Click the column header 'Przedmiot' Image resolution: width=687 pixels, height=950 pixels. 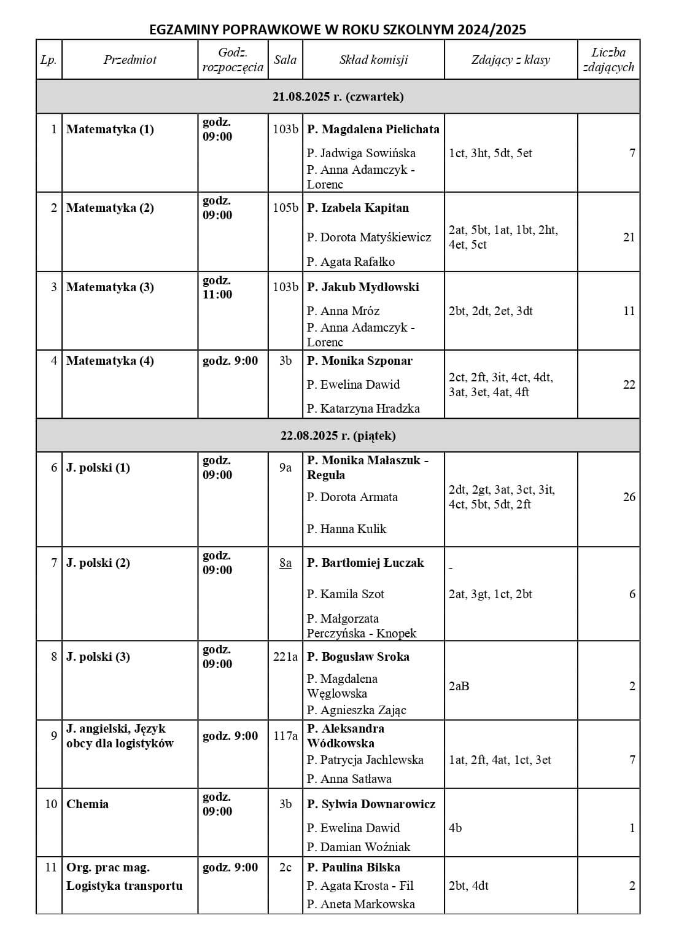(x=130, y=60)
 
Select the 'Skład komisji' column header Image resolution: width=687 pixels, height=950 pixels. (x=373, y=60)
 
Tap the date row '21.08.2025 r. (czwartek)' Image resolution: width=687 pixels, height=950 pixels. (x=338, y=96)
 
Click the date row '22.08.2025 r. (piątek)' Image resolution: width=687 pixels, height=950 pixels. (x=338, y=435)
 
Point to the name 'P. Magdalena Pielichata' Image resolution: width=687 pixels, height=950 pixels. (x=373, y=129)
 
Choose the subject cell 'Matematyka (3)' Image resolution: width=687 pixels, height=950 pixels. (x=110, y=287)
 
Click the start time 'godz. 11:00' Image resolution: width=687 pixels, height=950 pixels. (x=217, y=287)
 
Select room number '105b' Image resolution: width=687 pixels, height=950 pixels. (x=285, y=208)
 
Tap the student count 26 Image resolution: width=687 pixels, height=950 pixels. (x=629, y=497)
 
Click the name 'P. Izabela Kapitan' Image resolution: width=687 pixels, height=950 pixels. (x=358, y=208)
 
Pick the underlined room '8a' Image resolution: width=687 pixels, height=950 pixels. (x=285, y=563)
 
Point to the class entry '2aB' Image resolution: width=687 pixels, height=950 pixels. (x=459, y=686)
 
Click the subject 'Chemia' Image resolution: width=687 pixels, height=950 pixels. (x=87, y=804)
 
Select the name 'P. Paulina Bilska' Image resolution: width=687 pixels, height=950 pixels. (x=354, y=867)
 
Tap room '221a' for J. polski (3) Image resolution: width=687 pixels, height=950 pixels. (x=285, y=656)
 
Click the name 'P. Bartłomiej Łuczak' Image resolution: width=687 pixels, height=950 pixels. (x=365, y=563)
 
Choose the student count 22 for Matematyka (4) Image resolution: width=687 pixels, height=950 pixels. (x=629, y=384)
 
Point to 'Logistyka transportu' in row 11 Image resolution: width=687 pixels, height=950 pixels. (x=125, y=886)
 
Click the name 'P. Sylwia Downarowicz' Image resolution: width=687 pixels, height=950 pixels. (x=371, y=804)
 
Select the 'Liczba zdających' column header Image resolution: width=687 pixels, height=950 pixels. (x=608, y=60)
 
